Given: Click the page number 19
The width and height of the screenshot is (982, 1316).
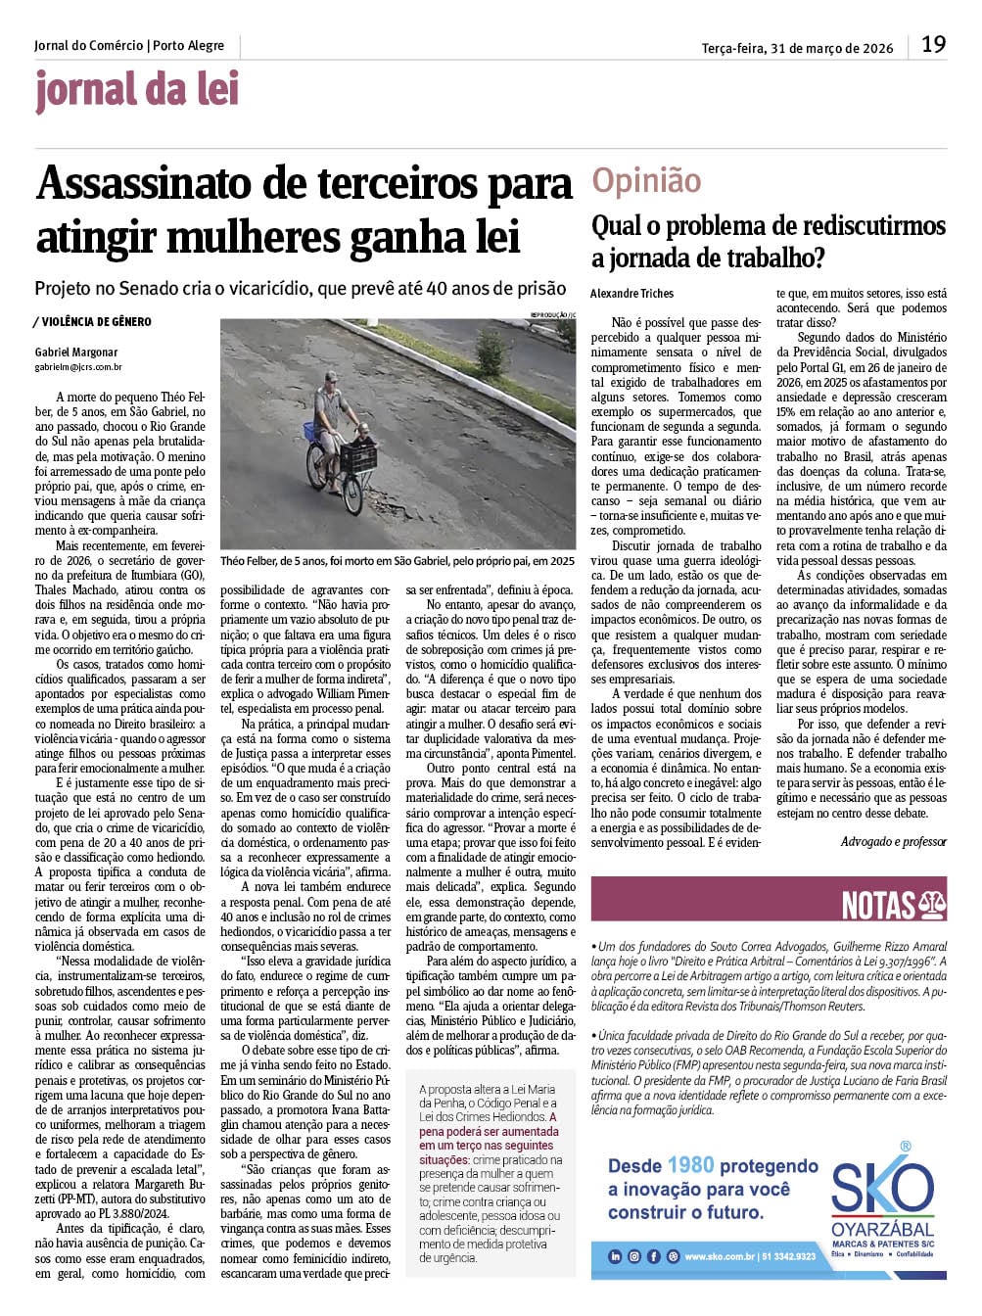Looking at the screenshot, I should pyautogui.click(x=933, y=45).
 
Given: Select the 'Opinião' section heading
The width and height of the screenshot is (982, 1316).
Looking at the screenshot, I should pyautogui.click(x=646, y=180).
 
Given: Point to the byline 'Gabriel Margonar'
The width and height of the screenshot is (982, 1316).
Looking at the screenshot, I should pyautogui.click(x=75, y=352).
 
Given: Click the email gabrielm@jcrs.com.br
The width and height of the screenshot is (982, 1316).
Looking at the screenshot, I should pyautogui.click(x=78, y=367).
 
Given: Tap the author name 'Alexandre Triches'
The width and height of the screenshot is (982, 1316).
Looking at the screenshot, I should pyautogui.click(x=631, y=293).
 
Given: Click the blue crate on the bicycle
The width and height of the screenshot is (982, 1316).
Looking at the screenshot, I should pyautogui.click(x=311, y=432).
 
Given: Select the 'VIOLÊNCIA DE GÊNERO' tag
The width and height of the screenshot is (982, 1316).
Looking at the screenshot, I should pyautogui.click(x=96, y=321).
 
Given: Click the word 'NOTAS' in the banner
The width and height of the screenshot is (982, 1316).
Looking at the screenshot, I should pyautogui.click(x=878, y=906).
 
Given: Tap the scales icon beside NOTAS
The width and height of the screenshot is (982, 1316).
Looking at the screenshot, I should pyautogui.click(x=931, y=906).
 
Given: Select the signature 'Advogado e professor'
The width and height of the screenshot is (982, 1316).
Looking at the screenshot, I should pyautogui.click(x=893, y=842).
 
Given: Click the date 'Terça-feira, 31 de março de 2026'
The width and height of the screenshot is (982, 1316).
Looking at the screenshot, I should pyautogui.click(x=797, y=48).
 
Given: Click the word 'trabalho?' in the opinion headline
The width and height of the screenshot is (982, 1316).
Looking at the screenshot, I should pyautogui.click(x=772, y=259).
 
